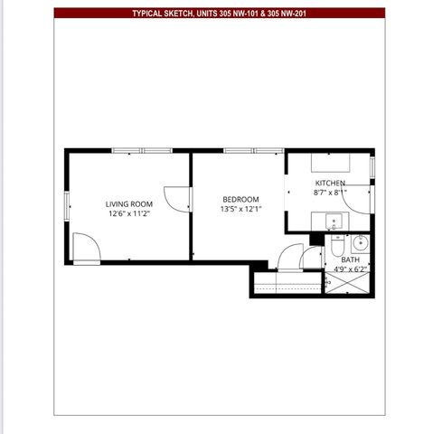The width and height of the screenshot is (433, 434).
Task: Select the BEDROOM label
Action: coord(240,200)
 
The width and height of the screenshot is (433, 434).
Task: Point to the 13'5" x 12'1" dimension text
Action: coord(240,210)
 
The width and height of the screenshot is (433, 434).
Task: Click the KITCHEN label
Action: coord(329,183)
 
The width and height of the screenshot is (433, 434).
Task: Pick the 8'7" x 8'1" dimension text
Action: coord(329,193)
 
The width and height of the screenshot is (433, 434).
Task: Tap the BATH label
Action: coord(350,259)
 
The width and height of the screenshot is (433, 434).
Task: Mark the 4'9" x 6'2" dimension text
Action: coord(350,269)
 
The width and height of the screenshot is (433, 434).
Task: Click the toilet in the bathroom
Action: coord(336,245)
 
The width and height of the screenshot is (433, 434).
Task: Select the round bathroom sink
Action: coord(360,242)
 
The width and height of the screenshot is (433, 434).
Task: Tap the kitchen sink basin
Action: coord(334,222)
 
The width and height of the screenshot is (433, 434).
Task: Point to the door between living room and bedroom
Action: coord(177,201)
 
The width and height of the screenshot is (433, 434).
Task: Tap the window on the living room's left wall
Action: coord(67,205)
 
